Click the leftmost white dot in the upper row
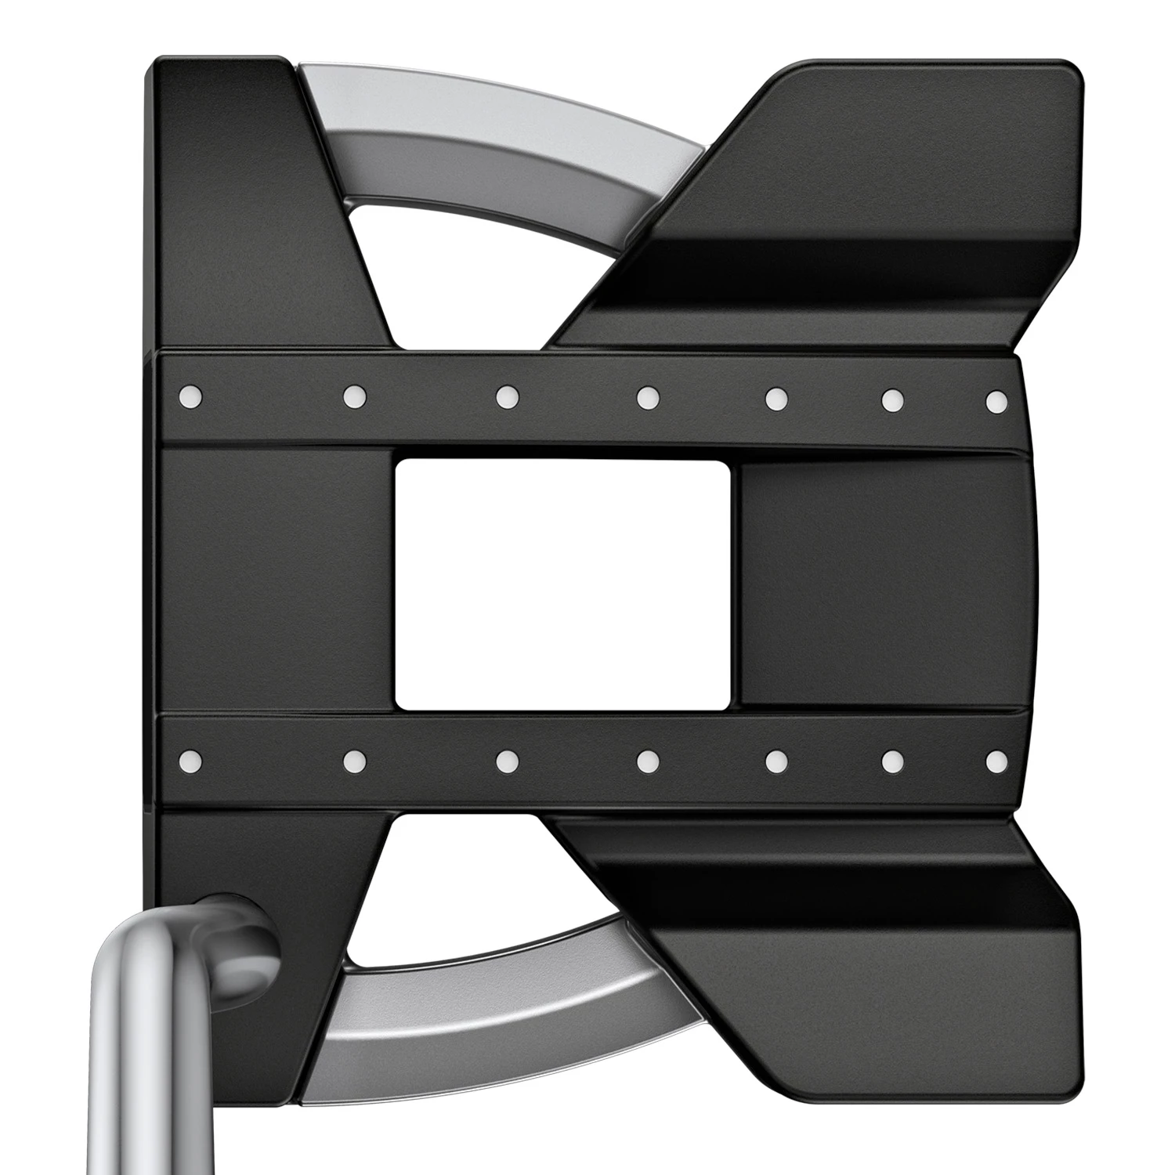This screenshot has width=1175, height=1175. (190, 396)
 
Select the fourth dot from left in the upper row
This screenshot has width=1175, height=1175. (647, 398)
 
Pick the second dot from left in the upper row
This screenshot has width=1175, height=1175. (355, 396)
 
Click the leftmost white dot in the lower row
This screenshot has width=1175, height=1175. (190, 759)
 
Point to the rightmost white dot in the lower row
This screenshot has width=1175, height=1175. (996, 760)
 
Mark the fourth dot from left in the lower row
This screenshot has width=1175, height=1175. (647, 760)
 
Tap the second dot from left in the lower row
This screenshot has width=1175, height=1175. (355, 759)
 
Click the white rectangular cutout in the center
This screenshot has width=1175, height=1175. (563, 584)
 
